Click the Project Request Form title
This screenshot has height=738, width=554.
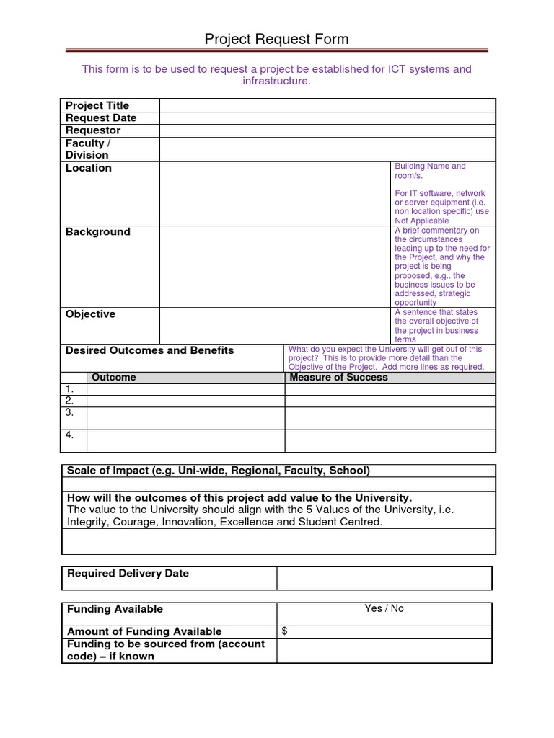[276, 39]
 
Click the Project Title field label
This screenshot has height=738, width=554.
[97, 105]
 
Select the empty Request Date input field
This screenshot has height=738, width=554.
[327, 118]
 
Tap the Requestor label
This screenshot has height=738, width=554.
[93, 130]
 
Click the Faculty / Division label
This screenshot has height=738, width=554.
[87, 149]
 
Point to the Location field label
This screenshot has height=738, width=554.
[89, 168]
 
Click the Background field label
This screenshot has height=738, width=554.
[98, 232]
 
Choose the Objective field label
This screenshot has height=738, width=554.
[90, 314]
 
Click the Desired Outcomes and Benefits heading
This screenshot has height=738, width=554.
[150, 350]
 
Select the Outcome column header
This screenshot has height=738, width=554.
[113, 377]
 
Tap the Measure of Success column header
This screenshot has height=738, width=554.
[338, 377]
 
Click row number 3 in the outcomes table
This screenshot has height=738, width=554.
[69, 413]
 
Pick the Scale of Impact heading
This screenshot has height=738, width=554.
[218, 471]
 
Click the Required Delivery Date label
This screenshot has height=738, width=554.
[128, 574]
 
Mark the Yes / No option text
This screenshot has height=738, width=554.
[384, 608]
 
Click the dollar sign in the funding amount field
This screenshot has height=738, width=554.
[285, 631]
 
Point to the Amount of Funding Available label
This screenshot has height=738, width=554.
[144, 631]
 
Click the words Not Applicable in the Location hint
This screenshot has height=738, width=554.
[422, 221]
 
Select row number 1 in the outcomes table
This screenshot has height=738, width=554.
[69, 389]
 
